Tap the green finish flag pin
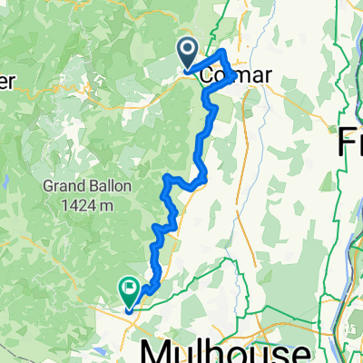(x=129, y=289)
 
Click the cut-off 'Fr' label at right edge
(x=351, y=142)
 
